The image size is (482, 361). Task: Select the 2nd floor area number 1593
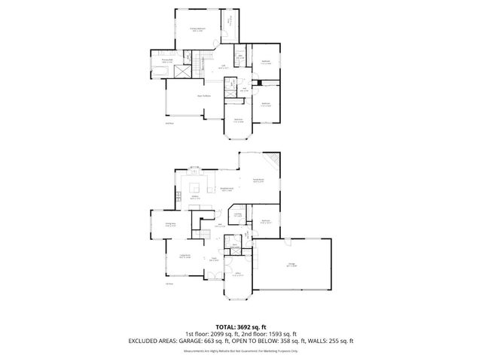(x=276, y=335)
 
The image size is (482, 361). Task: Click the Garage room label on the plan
(x=291, y=264)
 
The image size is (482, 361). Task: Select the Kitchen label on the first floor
(x=194, y=197)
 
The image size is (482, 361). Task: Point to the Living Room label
(x=185, y=256)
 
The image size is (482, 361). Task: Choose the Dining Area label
(x=170, y=224)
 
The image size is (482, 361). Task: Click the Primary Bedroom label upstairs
(x=197, y=29)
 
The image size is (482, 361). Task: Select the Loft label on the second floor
(x=223, y=68)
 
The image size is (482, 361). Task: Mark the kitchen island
(x=195, y=187)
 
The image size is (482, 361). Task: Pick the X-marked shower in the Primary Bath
(x=181, y=72)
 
